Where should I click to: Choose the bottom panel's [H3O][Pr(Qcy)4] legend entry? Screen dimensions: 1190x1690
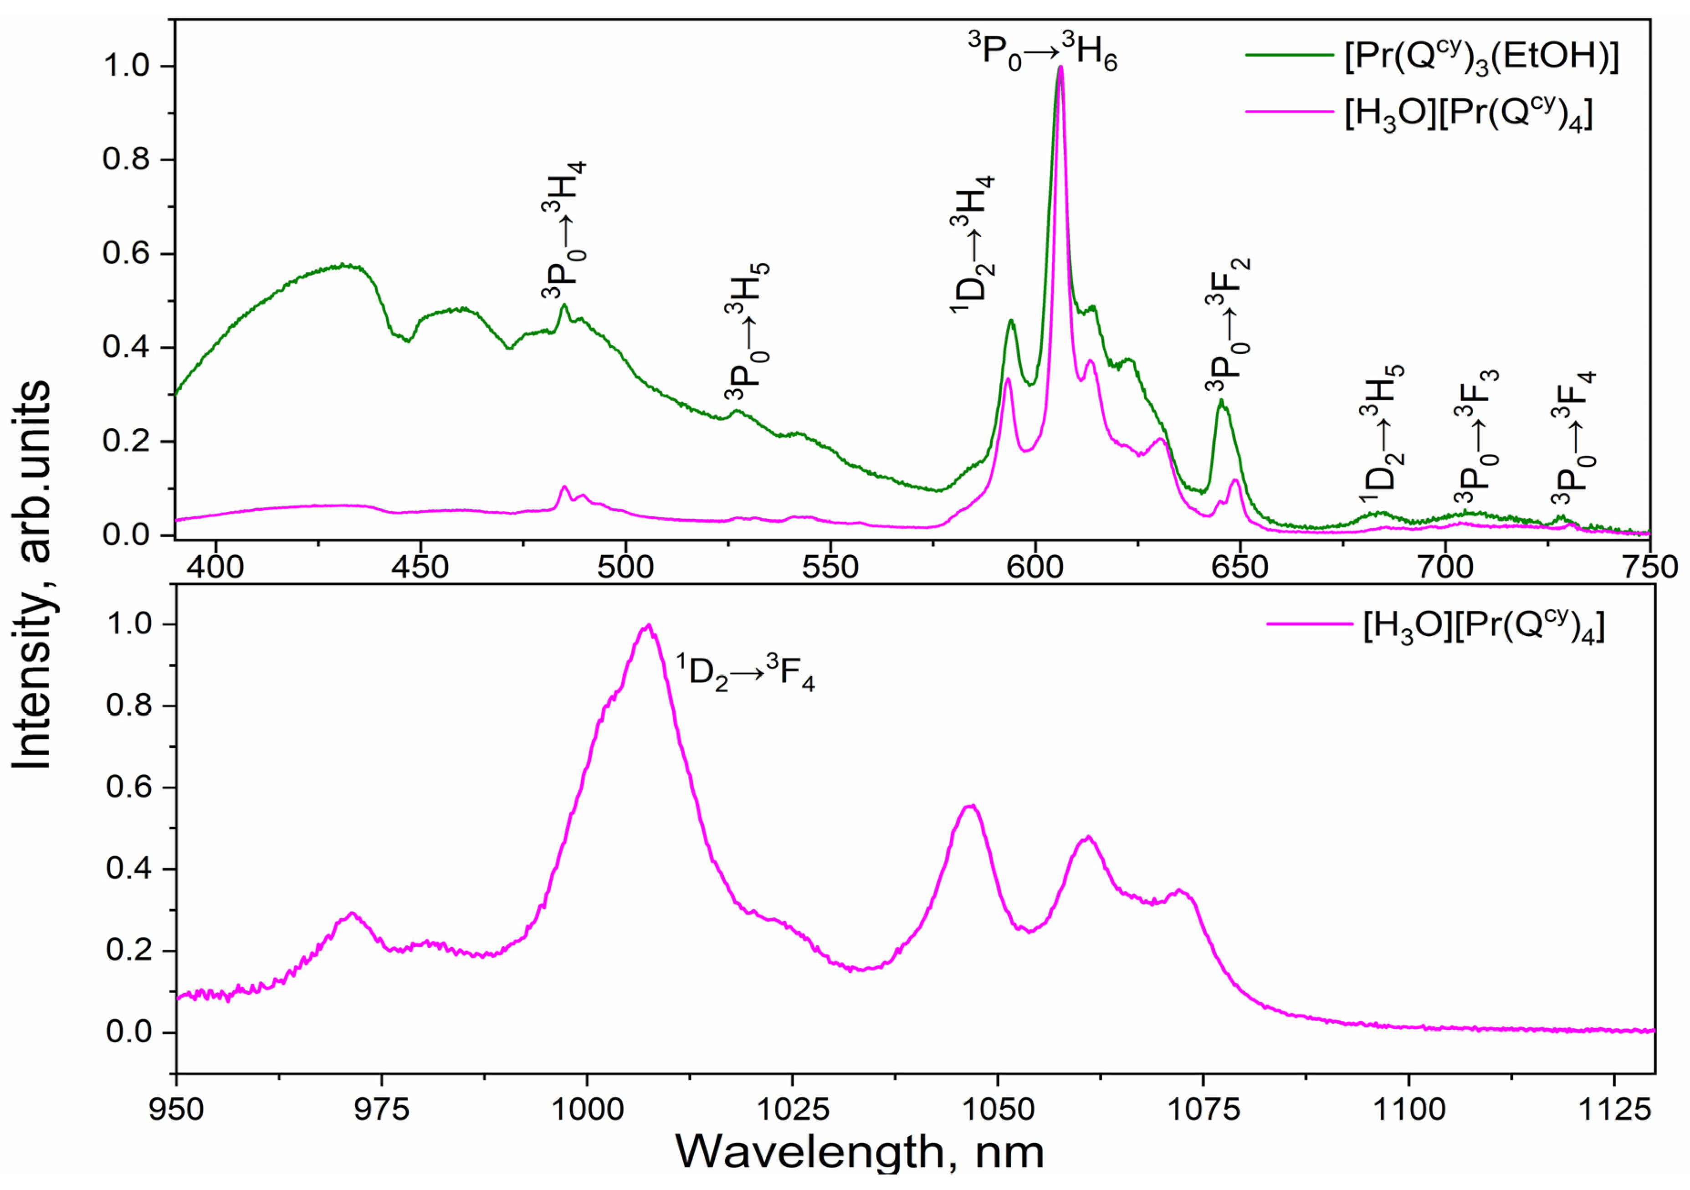1435,626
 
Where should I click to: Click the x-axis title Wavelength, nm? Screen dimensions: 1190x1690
859,1150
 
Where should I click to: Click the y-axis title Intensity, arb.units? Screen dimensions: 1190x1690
31,574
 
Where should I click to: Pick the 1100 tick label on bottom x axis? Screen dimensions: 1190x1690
1408,1108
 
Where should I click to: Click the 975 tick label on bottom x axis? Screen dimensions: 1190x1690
382,1108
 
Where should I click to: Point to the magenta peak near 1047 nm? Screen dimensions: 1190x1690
971,806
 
